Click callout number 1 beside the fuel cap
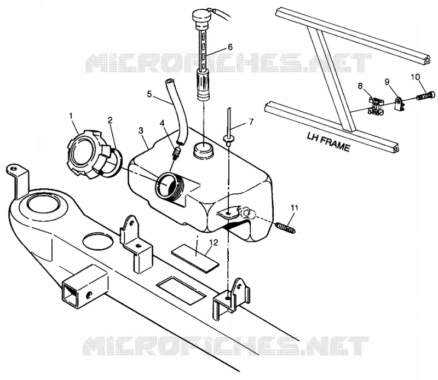pyautogui.click(x=71, y=116)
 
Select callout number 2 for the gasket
pyautogui.click(x=110, y=120)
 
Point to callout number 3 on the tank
pyautogui.click(x=141, y=130)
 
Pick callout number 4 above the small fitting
pyautogui.click(x=163, y=123)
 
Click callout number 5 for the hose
pyautogui.click(x=149, y=94)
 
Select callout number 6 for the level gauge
pyautogui.click(x=230, y=47)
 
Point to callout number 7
pyautogui.click(x=251, y=122)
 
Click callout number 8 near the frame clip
pyautogui.click(x=360, y=86)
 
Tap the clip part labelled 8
pyautogui.click(x=376, y=106)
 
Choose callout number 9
pyautogui.click(x=387, y=82)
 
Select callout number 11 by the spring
pyautogui.click(x=294, y=208)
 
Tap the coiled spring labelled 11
pyautogui.click(x=285, y=227)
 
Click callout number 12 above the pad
pyautogui.click(x=213, y=243)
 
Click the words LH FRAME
pyautogui.click(x=328, y=142)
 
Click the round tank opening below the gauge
pyautogui.click(x=204, y=151)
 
